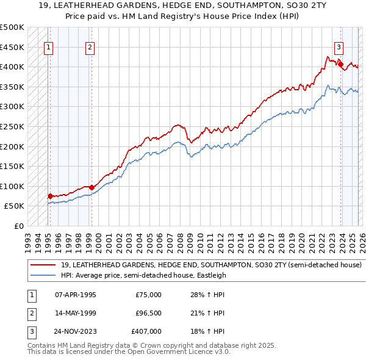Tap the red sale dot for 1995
(x=50, y=196)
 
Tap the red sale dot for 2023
(x=340, y=64)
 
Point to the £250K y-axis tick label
(x=12, y=126)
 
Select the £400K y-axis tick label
(x=12, y=67)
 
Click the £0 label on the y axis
(x=18, y=226)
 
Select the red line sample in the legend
(x=43, y=265)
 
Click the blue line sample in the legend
(x=43, y=275)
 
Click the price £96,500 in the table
(x=148, y=313)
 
